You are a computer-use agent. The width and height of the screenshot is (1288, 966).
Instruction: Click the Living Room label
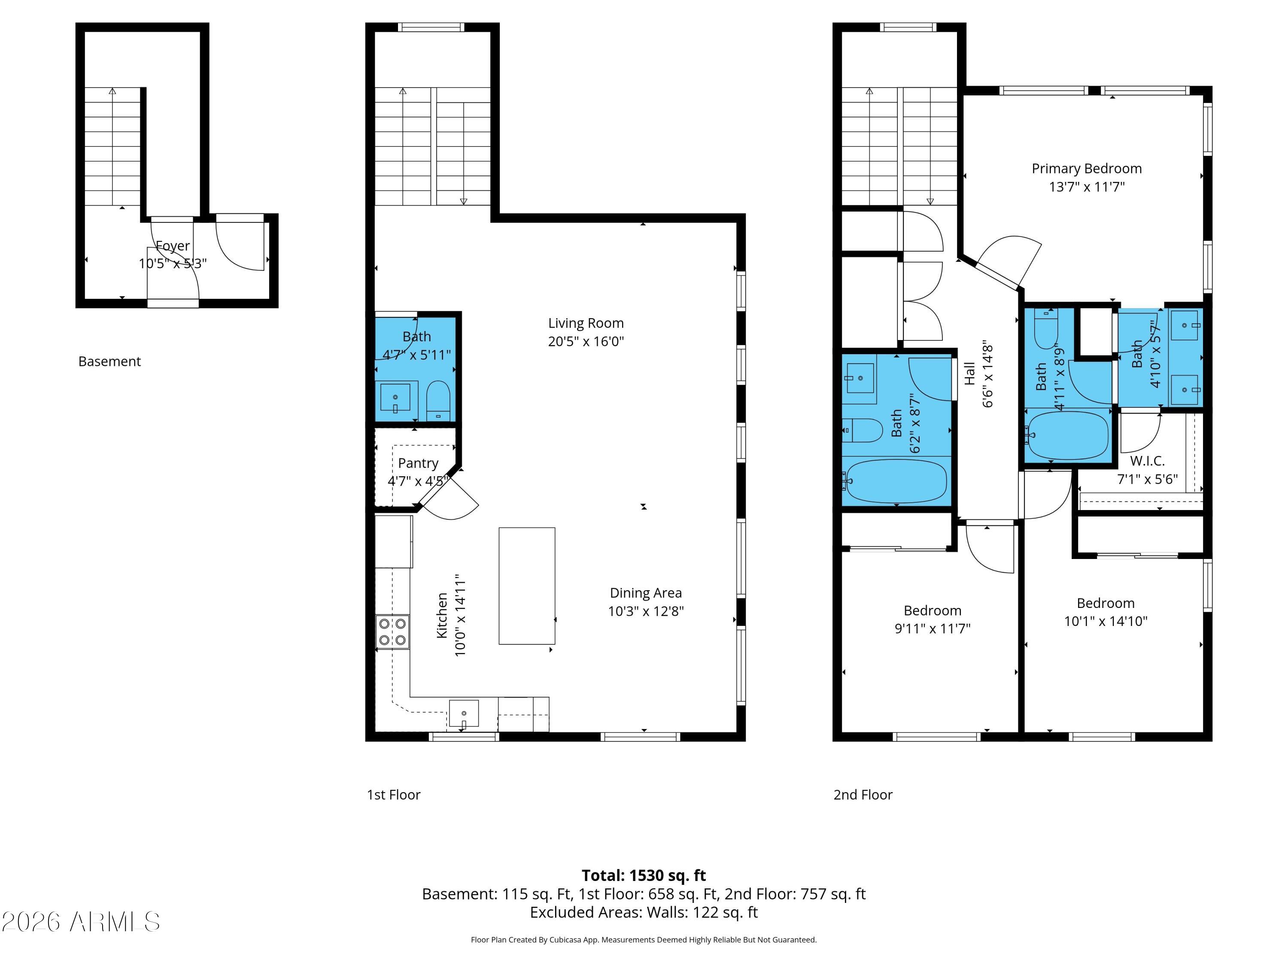click(586, 323)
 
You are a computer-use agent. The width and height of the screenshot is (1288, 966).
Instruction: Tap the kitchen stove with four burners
click(392, 632)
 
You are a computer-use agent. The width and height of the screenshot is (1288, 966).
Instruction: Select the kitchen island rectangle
click(527, 586)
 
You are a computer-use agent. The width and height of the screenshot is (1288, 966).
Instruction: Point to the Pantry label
click(418, 464)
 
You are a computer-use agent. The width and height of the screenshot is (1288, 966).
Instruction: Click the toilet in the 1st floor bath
click(438, 401)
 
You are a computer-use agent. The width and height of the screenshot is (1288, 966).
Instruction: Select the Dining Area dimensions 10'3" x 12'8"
click(646, 611)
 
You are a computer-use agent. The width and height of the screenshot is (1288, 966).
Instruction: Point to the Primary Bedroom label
click(1087, 169)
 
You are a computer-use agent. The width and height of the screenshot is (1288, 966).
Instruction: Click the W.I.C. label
click(1147, 461)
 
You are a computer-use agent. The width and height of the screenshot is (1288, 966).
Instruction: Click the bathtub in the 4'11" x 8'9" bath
click(1067, 435)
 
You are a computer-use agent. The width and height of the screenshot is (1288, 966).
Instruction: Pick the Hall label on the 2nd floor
click(969, 374)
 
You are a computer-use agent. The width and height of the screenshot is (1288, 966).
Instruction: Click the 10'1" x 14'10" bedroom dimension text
click(1106, 621)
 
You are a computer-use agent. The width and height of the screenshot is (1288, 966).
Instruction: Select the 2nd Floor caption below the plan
click(863, 795)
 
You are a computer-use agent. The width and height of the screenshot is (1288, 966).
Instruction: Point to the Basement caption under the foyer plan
click(109, 361)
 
